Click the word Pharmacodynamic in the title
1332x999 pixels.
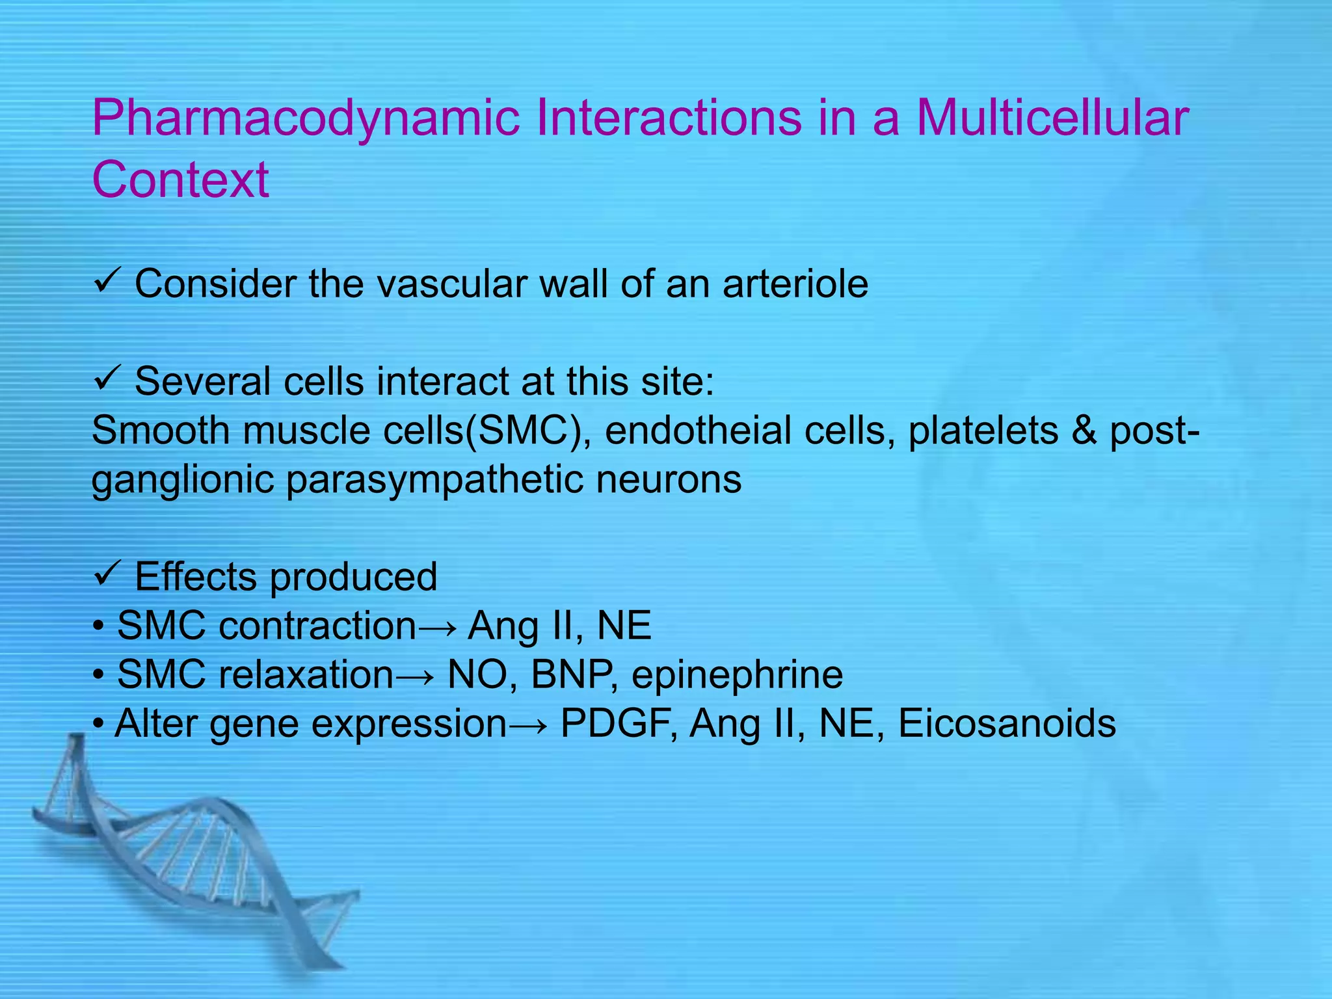pyautogui.click(x=306, y=118)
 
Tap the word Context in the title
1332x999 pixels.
pyautogui.click(x=180, y=180)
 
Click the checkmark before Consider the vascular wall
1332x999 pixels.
pyautogui.click(x=105, y=283)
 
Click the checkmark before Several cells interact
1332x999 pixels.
pyautogui.click(x=105, y=380)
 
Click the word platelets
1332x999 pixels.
pyautogui.click(x=983, y=431)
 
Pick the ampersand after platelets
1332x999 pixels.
pyautogui.click(x=1084, y=431)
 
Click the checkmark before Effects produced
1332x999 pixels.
pyautogui.click(x=105, y=576)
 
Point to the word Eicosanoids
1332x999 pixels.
pyautogui.click(x=1007, y=723)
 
